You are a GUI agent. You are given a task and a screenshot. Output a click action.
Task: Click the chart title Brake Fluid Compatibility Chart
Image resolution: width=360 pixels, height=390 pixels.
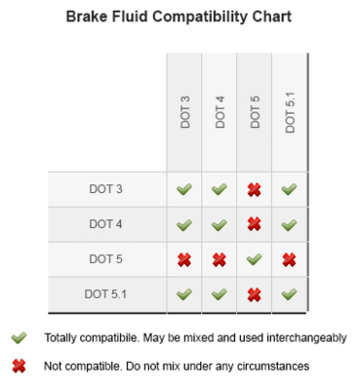(180, 18)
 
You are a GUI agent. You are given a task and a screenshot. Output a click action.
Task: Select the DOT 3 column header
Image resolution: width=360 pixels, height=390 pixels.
(184, 112)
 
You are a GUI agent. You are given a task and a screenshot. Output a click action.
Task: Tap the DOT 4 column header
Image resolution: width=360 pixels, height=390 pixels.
(220, 112)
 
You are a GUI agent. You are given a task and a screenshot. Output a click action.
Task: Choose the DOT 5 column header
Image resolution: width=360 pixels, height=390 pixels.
(255, 112)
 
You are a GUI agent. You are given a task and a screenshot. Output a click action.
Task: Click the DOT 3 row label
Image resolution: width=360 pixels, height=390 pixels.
(105, 188)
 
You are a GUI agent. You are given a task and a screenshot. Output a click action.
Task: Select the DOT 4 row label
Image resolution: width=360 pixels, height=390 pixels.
(105, 223)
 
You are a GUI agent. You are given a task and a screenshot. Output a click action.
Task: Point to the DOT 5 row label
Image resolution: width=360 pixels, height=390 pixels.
(105, 258)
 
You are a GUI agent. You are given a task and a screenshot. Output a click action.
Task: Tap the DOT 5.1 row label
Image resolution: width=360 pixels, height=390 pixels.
(105, 293)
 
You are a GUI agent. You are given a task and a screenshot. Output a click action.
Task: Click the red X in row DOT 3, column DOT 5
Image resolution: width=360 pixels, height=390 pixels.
(255, 189)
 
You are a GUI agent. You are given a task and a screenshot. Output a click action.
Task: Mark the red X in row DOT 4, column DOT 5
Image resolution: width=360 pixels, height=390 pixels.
(255, 224)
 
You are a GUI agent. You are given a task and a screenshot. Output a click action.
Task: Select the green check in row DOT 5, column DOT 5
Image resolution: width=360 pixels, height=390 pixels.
(255, 259)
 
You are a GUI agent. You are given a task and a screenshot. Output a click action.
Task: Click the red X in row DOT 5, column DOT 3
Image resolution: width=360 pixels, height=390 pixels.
(184, 259)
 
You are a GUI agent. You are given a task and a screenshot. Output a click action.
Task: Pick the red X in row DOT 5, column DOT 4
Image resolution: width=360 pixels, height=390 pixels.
(220, 259)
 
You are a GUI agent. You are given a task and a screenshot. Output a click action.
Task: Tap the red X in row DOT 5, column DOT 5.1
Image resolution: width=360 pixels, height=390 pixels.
(290, 259)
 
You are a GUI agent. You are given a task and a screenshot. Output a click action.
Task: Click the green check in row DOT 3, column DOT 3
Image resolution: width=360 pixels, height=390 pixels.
(184, 189)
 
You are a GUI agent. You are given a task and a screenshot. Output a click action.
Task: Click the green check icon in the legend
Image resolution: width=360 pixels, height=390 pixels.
(18, 338)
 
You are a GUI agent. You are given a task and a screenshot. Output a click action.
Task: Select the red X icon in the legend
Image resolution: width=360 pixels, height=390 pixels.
(18, 367)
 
